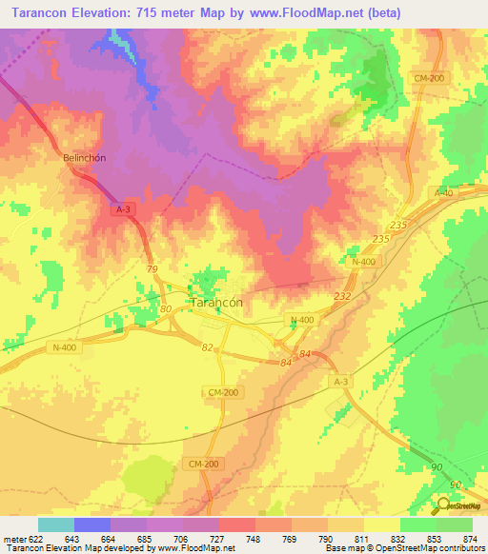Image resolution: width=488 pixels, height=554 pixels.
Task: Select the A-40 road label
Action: click(x=443, y=192)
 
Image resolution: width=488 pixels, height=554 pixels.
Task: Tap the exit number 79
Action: click(x=152, y=270)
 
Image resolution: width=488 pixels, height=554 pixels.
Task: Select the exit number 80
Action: click(x=166, y=309)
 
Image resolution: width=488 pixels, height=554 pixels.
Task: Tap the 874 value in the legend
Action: click(x=470, y=538)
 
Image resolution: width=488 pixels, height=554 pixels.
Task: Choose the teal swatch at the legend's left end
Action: click(x=55, y=524)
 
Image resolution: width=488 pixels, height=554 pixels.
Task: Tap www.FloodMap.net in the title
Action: click(x=307, y=13)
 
